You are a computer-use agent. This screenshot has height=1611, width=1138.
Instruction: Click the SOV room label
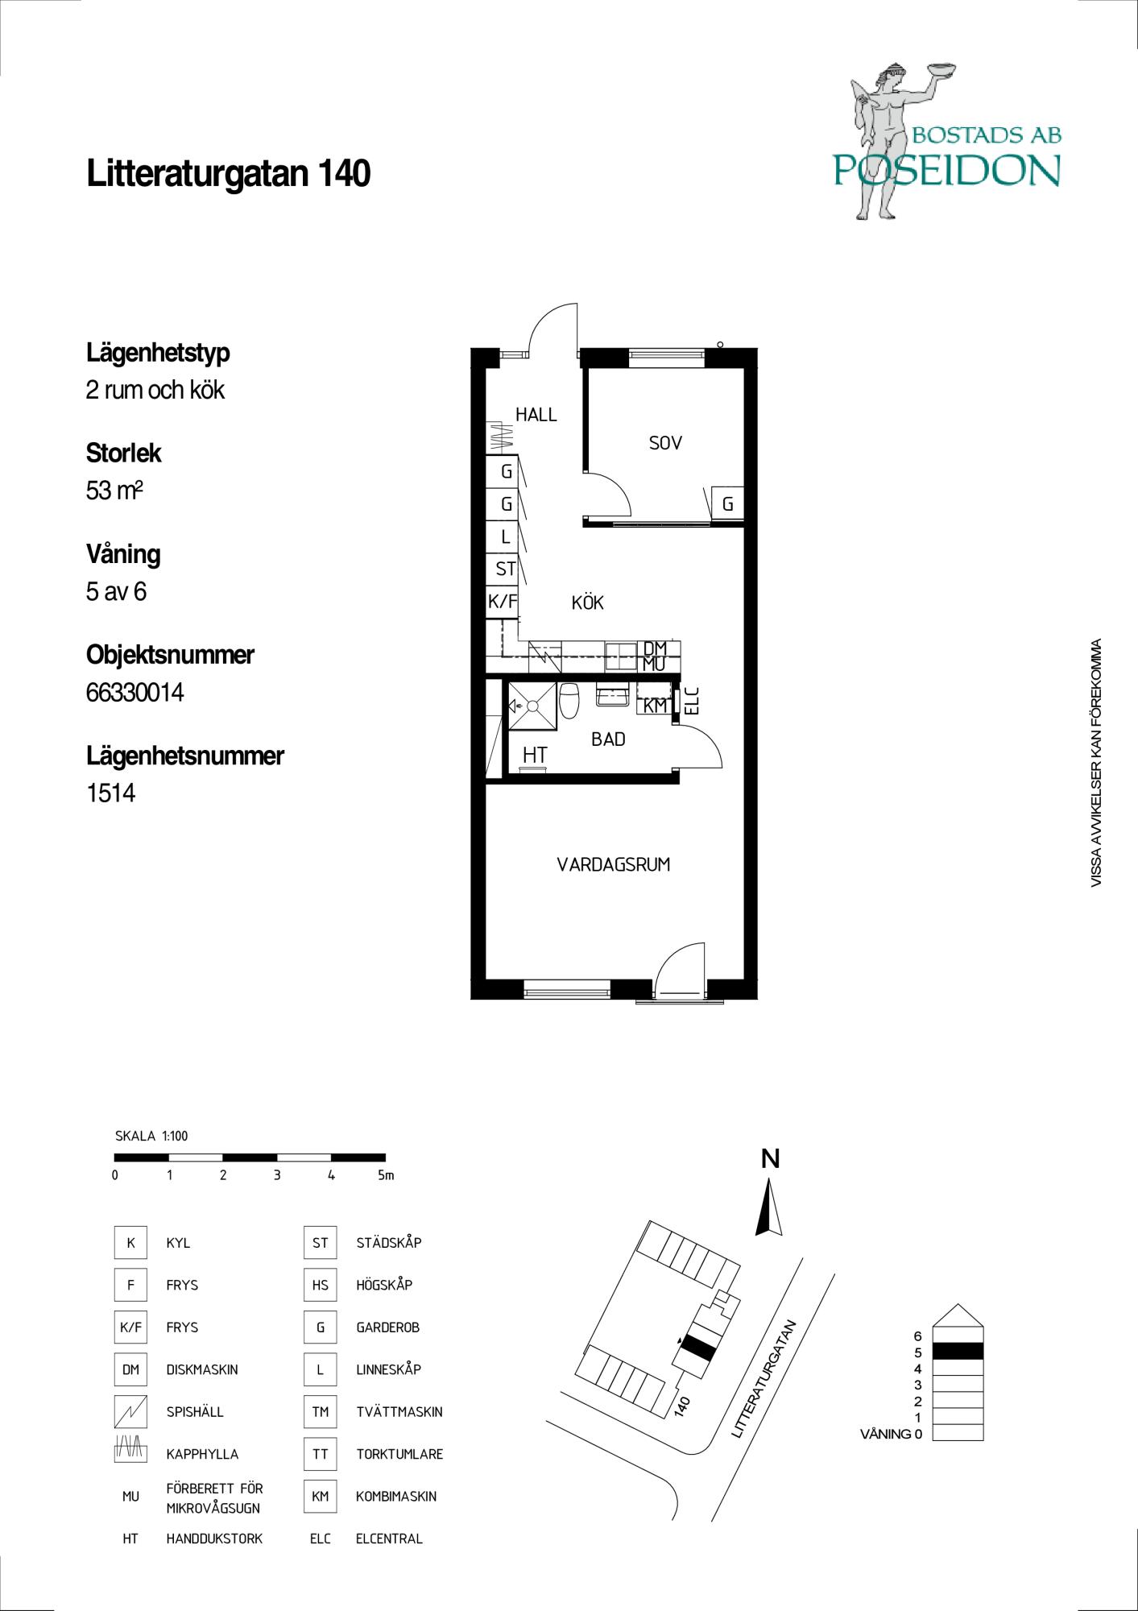(665, 442)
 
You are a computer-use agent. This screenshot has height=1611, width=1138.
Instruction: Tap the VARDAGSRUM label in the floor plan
(614, 865)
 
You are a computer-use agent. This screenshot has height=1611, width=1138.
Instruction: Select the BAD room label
(608, 739)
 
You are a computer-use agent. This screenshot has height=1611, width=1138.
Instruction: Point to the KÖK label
(587, 603)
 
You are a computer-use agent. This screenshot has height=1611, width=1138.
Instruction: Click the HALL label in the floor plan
(536, 415)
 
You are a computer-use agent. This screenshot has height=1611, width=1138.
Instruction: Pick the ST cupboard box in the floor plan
(504, 569)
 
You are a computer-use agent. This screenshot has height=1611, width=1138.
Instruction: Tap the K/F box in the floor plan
(503, 601)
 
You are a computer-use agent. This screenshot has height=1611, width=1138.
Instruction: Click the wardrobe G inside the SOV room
(727, 504)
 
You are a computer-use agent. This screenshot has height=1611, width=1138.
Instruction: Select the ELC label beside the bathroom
(691, 700)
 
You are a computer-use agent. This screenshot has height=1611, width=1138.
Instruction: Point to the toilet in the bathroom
(569, 699)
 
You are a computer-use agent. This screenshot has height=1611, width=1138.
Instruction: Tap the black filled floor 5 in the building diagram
(958, 1351)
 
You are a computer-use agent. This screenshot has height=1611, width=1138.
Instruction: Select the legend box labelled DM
(130, 1369)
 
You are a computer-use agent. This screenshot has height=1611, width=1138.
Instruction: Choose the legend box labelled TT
(320, 1454)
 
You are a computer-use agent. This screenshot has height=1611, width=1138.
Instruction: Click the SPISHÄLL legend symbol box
(130, 1411)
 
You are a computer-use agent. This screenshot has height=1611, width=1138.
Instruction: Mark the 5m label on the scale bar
(386, 1175)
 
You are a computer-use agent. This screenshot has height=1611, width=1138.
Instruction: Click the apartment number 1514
(110, 793)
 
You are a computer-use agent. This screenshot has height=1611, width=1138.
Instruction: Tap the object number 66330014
(134, 692)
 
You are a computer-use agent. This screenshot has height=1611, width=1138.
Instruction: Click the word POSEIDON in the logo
(946, 170)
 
